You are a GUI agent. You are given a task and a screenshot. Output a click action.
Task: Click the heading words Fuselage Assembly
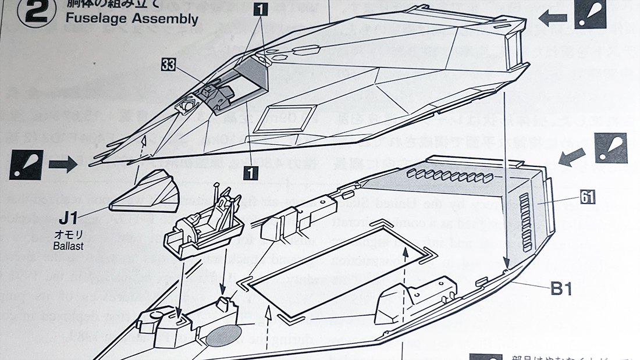pos(131,18)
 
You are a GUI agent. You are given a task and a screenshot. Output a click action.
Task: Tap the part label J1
pos(69,219)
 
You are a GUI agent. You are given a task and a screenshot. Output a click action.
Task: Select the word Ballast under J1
pos(67,246)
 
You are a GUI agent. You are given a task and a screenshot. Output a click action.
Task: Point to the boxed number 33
pos(168,66)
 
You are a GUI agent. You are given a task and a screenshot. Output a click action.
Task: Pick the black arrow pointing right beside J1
pos(62,165)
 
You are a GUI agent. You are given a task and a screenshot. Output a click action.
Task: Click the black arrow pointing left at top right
pos(553,18)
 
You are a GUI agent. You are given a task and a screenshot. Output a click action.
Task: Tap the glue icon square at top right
pos(591,14)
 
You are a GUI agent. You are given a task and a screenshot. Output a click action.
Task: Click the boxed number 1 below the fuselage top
pos(251,172)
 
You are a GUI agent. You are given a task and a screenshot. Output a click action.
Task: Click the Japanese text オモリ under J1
pos(68,235)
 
